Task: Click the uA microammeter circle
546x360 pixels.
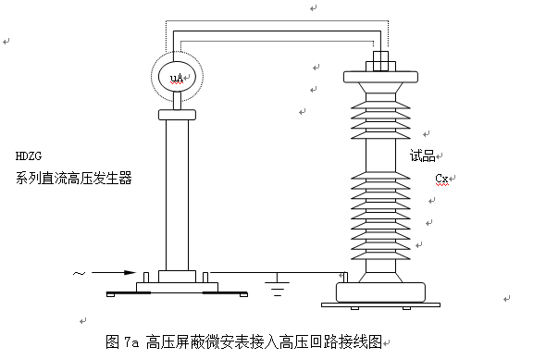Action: [176, 74]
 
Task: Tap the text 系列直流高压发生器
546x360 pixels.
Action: [74, 178]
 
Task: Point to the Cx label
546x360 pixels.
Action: [442, 178]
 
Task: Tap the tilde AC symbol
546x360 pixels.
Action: [79, 273]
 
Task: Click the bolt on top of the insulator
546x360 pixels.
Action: [380, 64]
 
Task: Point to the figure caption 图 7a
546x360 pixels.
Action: [122, 341]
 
